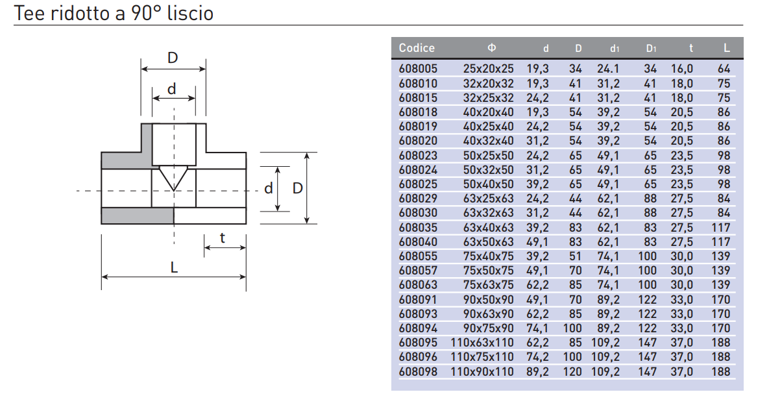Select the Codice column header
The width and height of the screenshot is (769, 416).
pyautogui.click(x=417, y=48)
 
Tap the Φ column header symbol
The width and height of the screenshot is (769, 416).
pyautogui.click(x=492, y=48)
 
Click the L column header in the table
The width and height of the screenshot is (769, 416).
pyautogui.click(x=727, y=48)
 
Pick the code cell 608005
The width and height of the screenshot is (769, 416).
pyautogui.click(x=418, y=69)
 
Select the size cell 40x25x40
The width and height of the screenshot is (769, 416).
pyautogui.click(x=488, y=127)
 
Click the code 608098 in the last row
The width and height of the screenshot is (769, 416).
pyautogui.click(x=418, y=372)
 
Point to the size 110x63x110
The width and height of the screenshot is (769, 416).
pyautogui.click(x=482, y=343)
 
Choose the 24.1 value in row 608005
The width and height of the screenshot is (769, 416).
pyautogui.click(x=608, y=69)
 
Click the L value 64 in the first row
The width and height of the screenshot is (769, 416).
pyautogui.click(x=724, y=69)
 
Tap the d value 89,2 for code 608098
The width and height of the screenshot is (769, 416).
pyautogui.click(x=537, y=372)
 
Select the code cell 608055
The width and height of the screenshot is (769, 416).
pyautogui.click(x=418, y=256)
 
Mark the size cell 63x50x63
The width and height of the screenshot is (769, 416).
pyautogui.click(x=488, y=242)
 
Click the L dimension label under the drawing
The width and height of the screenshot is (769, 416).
pyautogui.click(x=174, y=267)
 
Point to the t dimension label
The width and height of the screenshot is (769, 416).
pyautogui.click(x=222, y=238)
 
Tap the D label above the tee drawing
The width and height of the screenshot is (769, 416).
pyautogui.click(x=173, y=58)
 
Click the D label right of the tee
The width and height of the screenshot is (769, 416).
pyautogui.click(x=298, y=188)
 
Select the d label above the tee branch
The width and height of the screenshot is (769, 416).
pyautogui.click(x=171, y=89)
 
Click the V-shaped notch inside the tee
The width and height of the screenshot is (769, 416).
pyautogui.click(x=173, y=177)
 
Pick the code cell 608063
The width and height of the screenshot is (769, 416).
pyautogui.click(x=418, y=285)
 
